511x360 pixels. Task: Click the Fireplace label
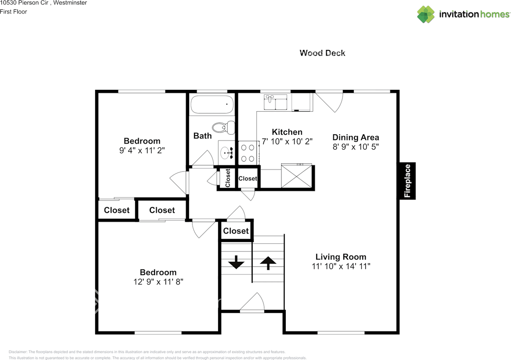tap(407, 181)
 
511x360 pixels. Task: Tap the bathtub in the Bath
tap(212, 105)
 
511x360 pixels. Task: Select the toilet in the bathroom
tap(223, 127)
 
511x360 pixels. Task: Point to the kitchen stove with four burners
tap(248, 152)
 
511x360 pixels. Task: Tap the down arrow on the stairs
tap(236, 263)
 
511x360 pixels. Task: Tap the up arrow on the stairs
tap(268, 263)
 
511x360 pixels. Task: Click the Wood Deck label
tap(322, 53)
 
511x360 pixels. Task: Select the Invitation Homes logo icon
tap(426, 14)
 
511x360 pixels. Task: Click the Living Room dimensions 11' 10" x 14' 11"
tap(341, 266)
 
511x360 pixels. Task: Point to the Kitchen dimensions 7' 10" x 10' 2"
tap(287, 141)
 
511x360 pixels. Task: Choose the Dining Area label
tap(356, 137)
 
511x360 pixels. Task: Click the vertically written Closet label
tap(228, 178)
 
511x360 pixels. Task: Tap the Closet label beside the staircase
tap(236, 231)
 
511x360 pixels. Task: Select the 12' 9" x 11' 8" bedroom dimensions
tap(158, 281)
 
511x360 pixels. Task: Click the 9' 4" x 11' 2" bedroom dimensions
tap(142, 150)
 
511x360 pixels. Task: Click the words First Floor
tap(14, 12)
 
